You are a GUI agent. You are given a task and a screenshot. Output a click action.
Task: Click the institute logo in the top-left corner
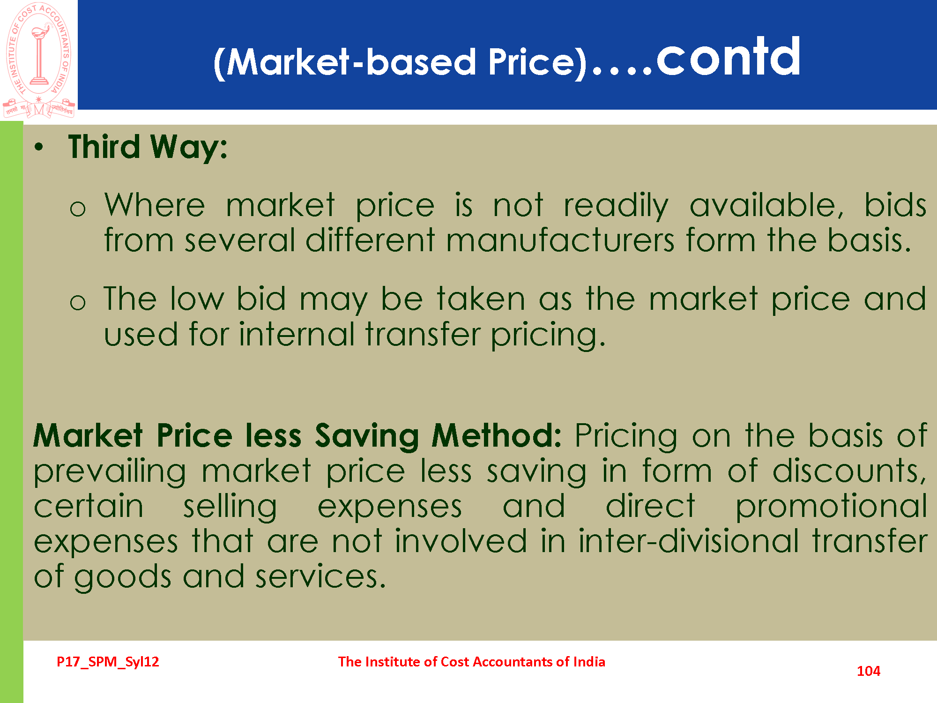point(39,60)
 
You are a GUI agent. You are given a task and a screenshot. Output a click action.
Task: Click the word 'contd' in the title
point(728,57)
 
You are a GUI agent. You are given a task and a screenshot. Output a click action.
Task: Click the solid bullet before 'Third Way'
point(39,147)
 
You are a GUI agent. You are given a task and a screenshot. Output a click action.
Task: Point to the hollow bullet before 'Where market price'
point(77,208)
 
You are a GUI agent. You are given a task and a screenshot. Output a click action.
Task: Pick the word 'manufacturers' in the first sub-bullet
point(560,240)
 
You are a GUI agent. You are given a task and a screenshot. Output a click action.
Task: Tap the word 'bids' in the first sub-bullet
point(895,205)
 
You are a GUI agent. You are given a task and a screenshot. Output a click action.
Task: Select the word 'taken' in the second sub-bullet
point(481,299)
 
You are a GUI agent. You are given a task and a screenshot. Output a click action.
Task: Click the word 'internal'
point(297,334)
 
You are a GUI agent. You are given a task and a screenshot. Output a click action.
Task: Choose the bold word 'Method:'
point(496,435)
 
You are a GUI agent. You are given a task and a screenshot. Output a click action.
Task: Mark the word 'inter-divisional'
point(688,541)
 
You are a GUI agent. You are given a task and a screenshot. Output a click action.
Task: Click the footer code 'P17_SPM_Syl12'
point(108,662)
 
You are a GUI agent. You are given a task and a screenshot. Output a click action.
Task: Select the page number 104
point(868,671)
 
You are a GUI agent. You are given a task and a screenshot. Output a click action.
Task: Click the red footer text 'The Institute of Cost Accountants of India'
point(471,662)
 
